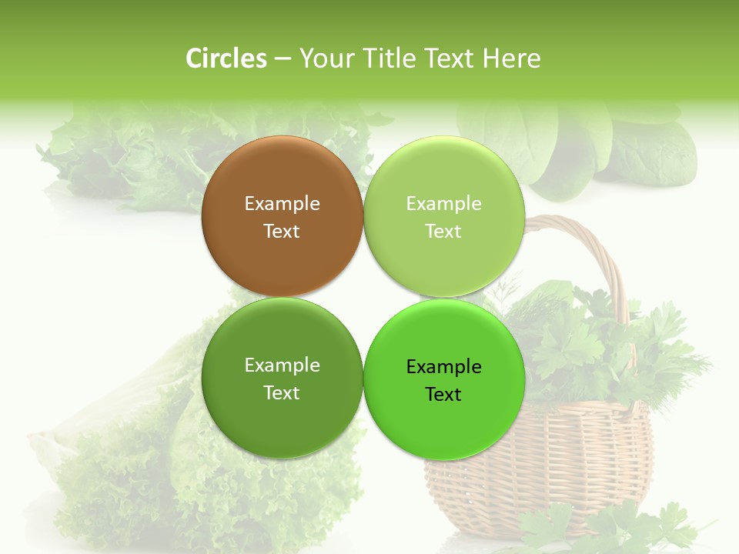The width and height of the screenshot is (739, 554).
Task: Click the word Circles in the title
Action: tap(226, 58)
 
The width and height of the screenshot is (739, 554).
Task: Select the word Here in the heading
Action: tap(511, 58)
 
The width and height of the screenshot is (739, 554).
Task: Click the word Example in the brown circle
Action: tap(282, 204)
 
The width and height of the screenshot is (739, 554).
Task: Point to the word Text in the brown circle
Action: tap(282, 232)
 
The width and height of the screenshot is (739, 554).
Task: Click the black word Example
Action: tap(443, 367)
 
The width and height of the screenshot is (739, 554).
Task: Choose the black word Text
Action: tap(443, 395)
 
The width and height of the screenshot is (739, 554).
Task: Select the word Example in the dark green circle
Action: tap(282, 365)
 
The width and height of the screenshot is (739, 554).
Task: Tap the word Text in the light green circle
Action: tap(443, 232)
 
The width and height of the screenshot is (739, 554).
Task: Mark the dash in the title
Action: tap(283, 59)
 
